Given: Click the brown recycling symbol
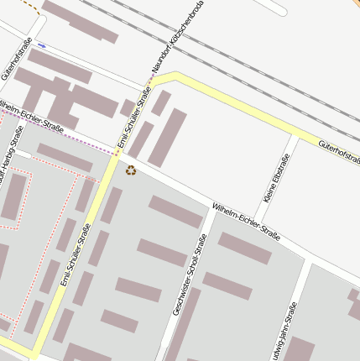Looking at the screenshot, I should pos(131,170).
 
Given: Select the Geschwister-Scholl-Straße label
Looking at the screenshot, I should pos(190,275).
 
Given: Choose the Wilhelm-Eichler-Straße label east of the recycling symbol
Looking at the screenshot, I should pos(245,217).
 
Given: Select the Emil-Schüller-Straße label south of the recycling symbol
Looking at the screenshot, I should pos(76,254).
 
